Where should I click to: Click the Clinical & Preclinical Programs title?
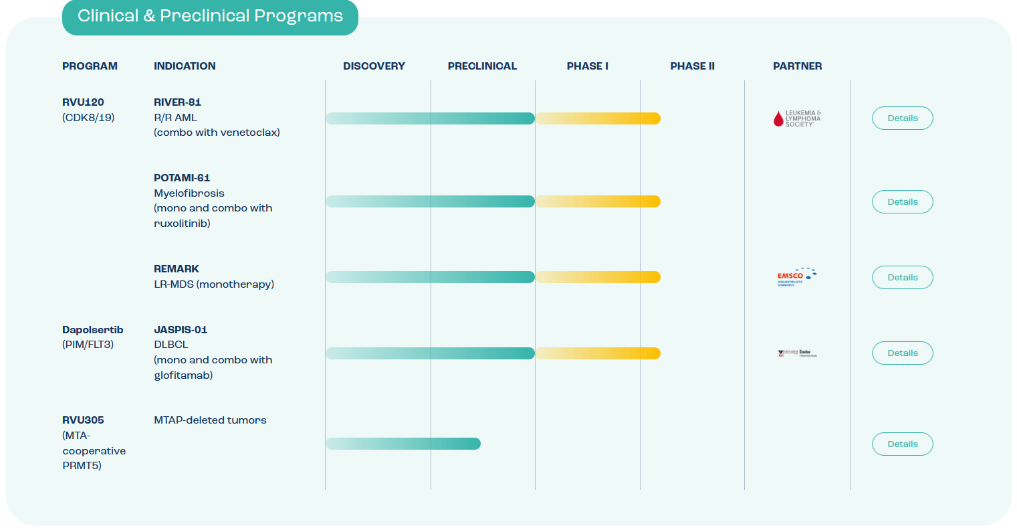pyautogui.click(x=210, y=17)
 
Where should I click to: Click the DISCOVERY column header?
pyautogui.click(x=374, y=66)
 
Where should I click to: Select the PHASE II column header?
pyautogui.click(x=692, y=66)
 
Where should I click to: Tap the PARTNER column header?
pyautogui.click(x=797, y=66)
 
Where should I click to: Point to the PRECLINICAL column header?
pyautogui.click(x=482, y=66)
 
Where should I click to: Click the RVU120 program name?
pyautogui.click(x=83, y=102)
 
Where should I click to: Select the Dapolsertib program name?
pyautogui.click(x=92, y=330)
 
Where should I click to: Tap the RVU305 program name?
pyautogui.click(x=83, y=420)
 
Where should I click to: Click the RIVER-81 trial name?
pyautogui.click(x=177, y=102)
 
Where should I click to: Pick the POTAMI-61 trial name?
pyautogui.click(x=182, y=178)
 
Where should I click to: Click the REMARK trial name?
pyautogui.click(x=177, y=269)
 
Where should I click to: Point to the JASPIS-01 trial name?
pyautogui.click(x=181, y=330)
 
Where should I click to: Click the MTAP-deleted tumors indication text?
pyautogui.click(x=210, y=420)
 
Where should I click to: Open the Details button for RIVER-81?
pyautogui.click(x=902, y=118)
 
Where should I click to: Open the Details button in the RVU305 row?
pyautogui.click(x=902, y=444)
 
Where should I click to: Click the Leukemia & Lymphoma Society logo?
pyautogui.click(x=796, y=119)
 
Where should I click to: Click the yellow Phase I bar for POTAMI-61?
pyautogui.click(x=598, y=201)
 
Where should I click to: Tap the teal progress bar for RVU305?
pyautogui.click(x=403, y=444)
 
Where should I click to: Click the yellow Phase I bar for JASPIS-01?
pyautogui.click(x=598, y=353)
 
